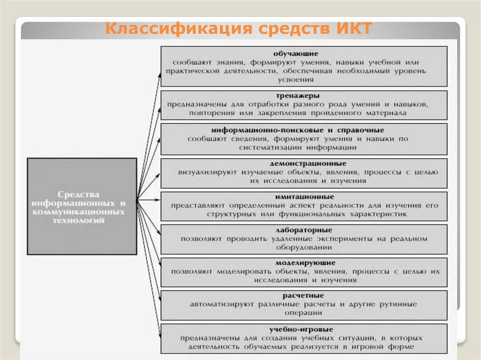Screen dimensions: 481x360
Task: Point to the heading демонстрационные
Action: (308, 163)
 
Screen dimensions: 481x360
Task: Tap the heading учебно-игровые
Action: (302, 329)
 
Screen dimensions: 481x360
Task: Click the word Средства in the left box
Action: (79, 194)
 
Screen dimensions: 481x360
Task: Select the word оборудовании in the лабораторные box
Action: (304, 247)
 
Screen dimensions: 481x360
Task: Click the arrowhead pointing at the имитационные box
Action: (158, 199)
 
